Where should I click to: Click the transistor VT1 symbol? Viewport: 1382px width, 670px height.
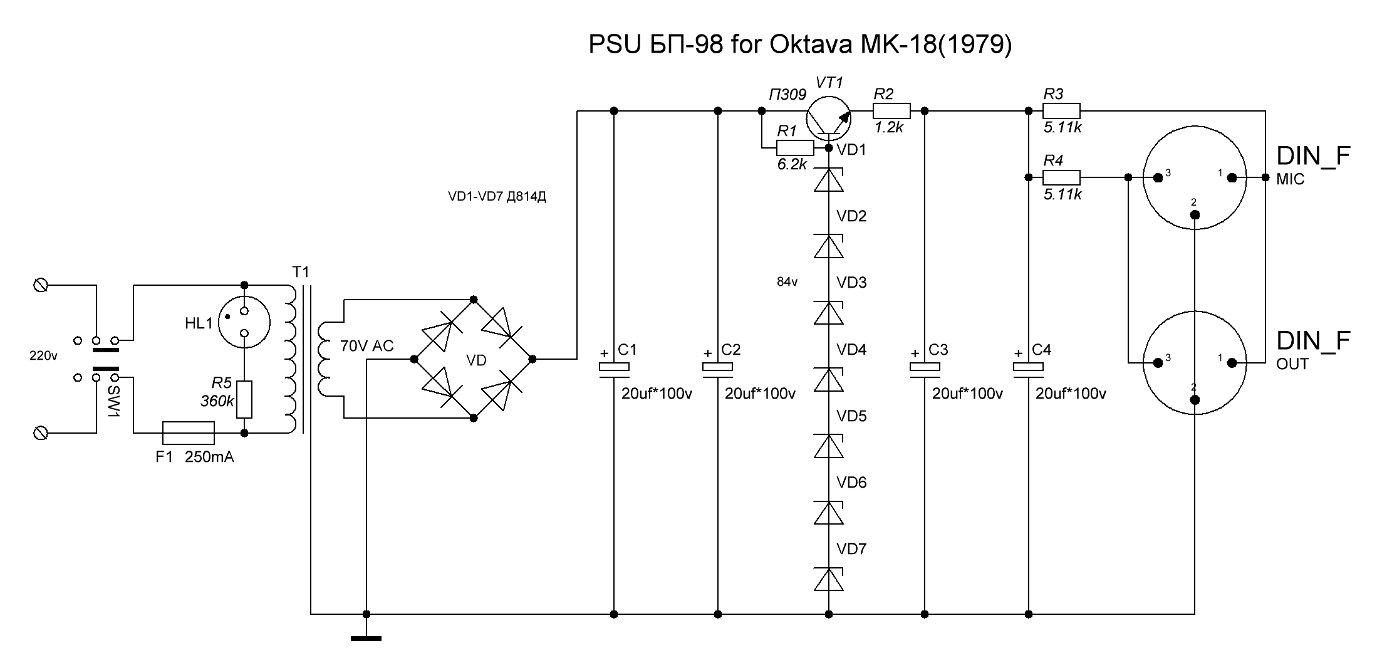coord(828,117)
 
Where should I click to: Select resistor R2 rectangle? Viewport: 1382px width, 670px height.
coord(891,111)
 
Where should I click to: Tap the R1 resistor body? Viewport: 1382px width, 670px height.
coord(795,148)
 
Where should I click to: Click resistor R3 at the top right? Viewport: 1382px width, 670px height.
coord(1061,111)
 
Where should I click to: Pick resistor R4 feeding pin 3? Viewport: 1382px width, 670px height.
coord(1061,177)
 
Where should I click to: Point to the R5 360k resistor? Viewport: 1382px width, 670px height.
coord(244,399)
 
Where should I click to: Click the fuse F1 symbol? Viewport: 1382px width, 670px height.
coord(188,432)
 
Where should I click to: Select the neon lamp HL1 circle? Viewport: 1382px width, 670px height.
coord(245,323)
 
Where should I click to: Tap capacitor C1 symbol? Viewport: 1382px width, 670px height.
coord(614,370)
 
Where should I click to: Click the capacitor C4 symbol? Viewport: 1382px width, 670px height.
coord(1028,370)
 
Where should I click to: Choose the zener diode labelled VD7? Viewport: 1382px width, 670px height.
coord(829,580)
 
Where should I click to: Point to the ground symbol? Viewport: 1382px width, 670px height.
coord(366,638)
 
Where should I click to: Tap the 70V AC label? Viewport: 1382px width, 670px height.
coord(366,346)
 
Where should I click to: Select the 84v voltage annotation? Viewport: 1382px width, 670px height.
coord(787,282)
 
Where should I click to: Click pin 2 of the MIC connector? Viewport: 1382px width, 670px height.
coord(1195,215)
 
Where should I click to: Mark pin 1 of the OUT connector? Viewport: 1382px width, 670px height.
coord(1232,362)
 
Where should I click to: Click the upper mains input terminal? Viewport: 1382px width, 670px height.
coord(41,285)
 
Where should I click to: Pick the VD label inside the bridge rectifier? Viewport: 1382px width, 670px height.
coord(476,360)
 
